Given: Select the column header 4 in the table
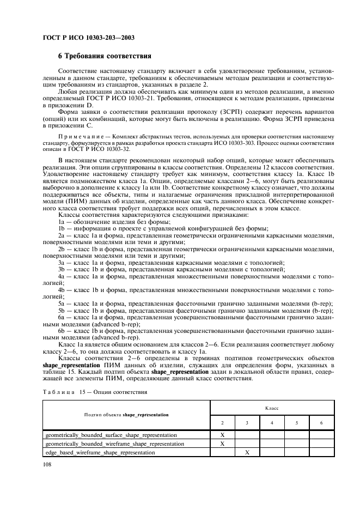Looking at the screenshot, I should point(272,423).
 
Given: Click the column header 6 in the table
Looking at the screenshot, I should point(321,423).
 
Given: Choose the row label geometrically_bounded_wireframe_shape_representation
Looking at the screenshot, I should point(114,444).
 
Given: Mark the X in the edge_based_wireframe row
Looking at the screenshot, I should point(247,453).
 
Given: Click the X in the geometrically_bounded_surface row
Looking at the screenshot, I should point(223,435).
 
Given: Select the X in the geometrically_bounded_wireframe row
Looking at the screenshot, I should point(223,444).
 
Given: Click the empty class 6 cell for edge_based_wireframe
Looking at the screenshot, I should point(321,453).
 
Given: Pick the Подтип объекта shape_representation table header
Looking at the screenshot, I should point(126,415).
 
